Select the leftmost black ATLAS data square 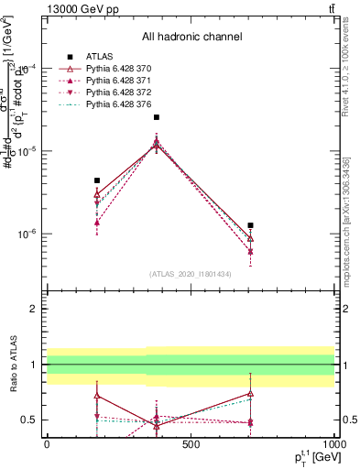coord(97,180)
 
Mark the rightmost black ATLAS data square coord(250,225)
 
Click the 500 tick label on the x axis coord(191,445)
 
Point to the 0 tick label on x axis coord(47,445)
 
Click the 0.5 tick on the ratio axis coord(28,420)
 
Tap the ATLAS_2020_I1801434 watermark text coord(190,274)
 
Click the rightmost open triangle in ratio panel coord(250,393)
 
